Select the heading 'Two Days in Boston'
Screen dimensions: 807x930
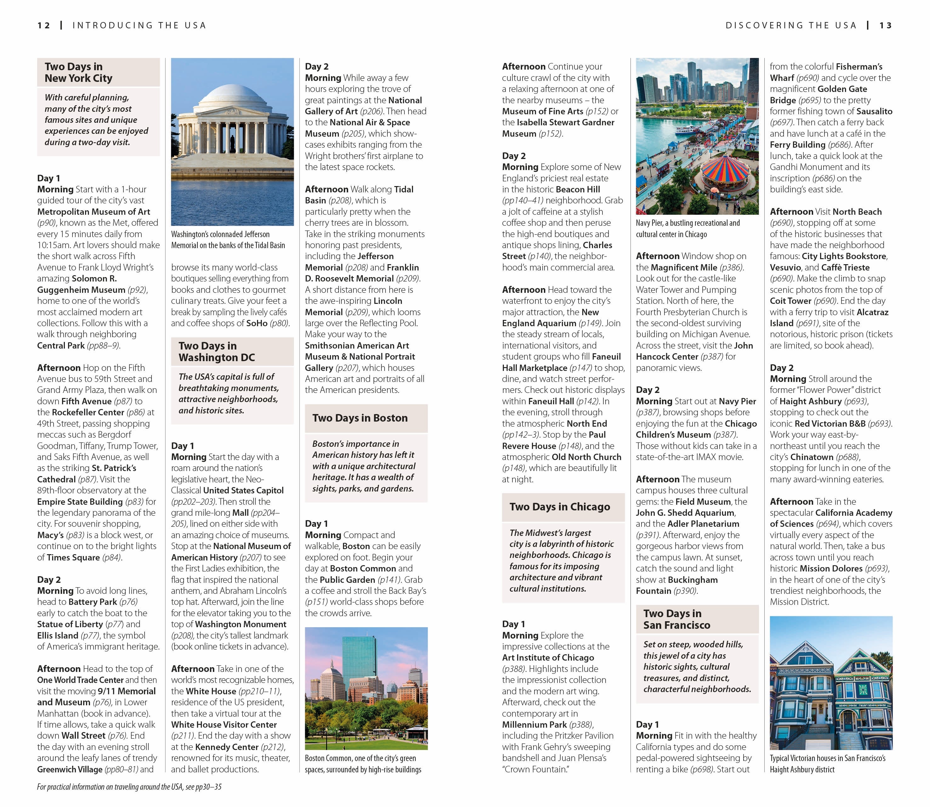360,418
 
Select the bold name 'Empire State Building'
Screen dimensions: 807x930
80,502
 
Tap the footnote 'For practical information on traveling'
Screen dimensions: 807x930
129,787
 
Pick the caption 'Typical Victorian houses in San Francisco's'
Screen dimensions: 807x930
827,759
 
